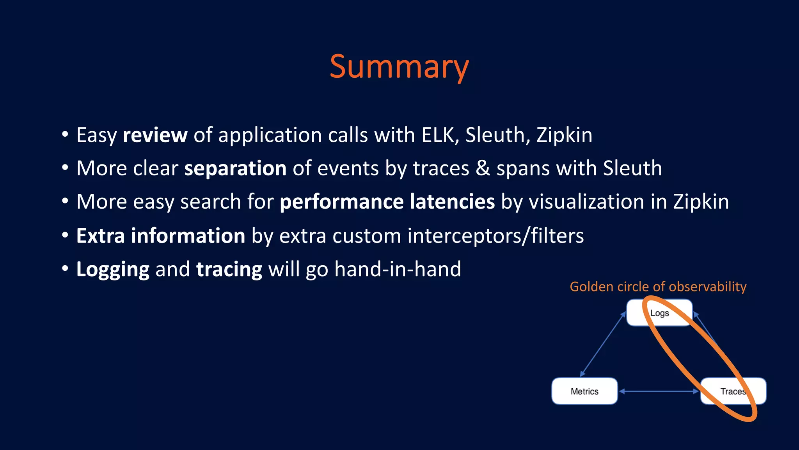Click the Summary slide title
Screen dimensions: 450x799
(x=399, y=67)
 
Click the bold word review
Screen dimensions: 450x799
(x=155, y=136)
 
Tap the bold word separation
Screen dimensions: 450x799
(x=235, y=169)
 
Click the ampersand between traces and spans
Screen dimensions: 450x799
(x=483, y=169)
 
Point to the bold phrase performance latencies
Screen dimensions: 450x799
(x=387, y=202)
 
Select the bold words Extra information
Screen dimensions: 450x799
(x=160, y=236)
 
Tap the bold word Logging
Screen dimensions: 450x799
(x=113, y=270)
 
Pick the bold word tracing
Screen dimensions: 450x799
(x=229, y=270)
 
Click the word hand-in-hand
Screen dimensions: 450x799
(x=398, y=270)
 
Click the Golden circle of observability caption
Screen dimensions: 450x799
(x=658, y=287)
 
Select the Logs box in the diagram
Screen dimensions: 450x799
(x=659, y=313)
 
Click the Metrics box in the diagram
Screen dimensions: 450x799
(x=584, y=391)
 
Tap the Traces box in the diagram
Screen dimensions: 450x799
(x=733, y=391)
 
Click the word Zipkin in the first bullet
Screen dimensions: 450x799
(x=564, y=136)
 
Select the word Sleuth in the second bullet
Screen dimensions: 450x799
(x=632, y=169)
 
